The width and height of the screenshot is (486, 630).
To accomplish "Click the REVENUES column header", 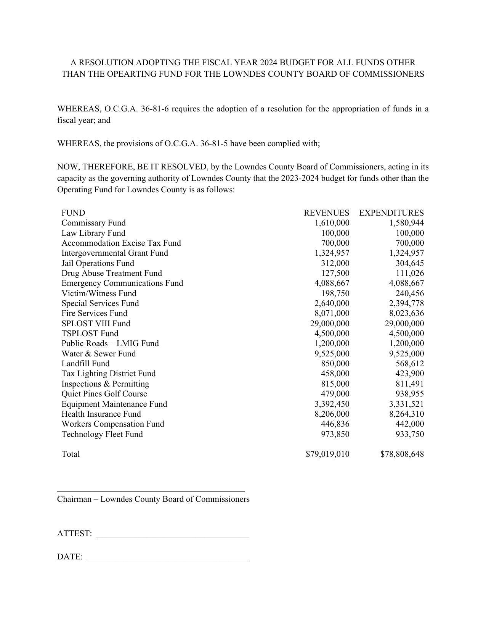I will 326,213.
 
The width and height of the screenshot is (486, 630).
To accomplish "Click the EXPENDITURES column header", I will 391,213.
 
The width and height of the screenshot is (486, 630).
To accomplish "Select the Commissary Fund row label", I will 93,223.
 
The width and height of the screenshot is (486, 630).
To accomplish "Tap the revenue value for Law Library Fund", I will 335,233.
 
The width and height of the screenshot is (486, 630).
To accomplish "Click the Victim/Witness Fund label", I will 99,293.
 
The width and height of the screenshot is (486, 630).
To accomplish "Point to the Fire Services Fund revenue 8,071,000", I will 332,313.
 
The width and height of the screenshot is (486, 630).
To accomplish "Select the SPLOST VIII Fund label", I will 96,324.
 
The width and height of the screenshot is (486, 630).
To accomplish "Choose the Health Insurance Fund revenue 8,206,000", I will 332,414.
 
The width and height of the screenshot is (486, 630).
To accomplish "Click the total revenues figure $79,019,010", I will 327,454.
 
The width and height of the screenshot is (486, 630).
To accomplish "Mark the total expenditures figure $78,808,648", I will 402,454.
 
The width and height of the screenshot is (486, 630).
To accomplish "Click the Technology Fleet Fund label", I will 102,434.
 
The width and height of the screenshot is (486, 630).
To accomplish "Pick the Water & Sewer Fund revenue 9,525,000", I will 332,354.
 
